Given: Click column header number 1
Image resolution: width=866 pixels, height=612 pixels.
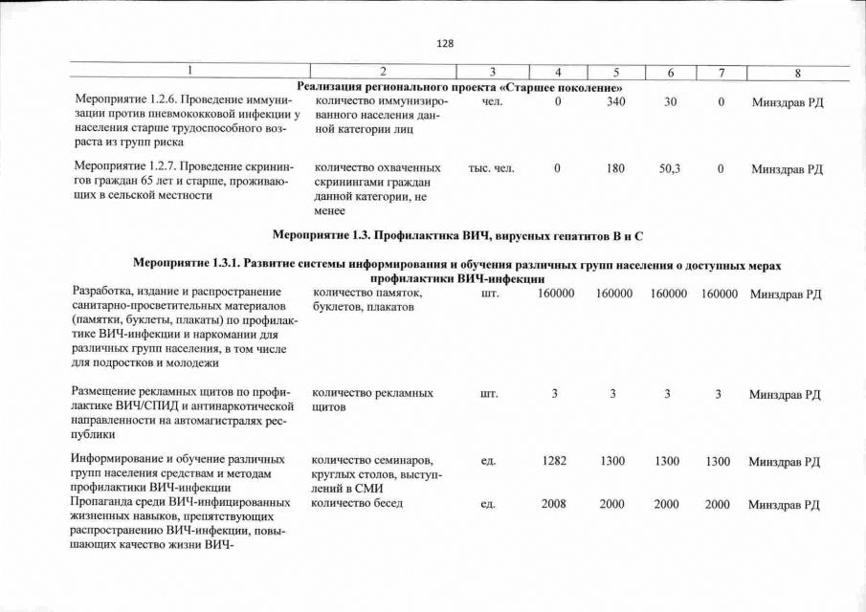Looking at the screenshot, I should [189, 73].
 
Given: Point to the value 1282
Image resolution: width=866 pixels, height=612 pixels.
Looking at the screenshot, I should [554, 462].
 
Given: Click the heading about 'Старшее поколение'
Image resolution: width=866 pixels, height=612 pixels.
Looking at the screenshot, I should [454, 88].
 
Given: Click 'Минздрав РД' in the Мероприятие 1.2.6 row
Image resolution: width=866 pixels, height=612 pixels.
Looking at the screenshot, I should [786, 101].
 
